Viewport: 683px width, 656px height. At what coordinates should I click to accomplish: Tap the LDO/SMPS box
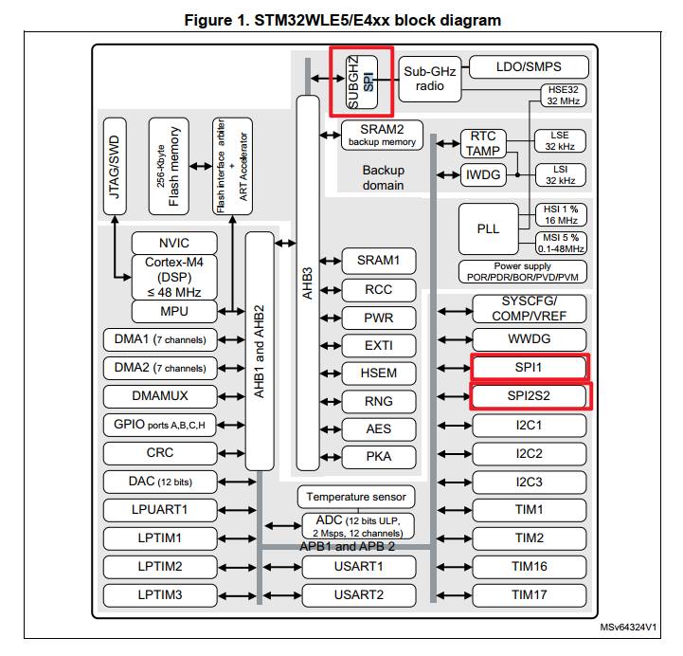coord(529,66)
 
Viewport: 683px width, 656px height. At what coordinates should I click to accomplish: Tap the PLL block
coord(489,229)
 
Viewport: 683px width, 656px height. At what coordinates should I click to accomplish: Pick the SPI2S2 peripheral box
coord(530,395)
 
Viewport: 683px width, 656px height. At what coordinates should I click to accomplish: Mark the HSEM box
coord(379,373)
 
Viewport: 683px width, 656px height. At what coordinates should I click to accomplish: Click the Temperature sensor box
coord(356,496)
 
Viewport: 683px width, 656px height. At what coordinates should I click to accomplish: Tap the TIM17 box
coord(530,595)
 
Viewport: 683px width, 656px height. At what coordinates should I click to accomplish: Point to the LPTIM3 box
coord(159,595)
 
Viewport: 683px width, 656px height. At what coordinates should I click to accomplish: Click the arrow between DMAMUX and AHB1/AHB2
coord(231,396)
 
